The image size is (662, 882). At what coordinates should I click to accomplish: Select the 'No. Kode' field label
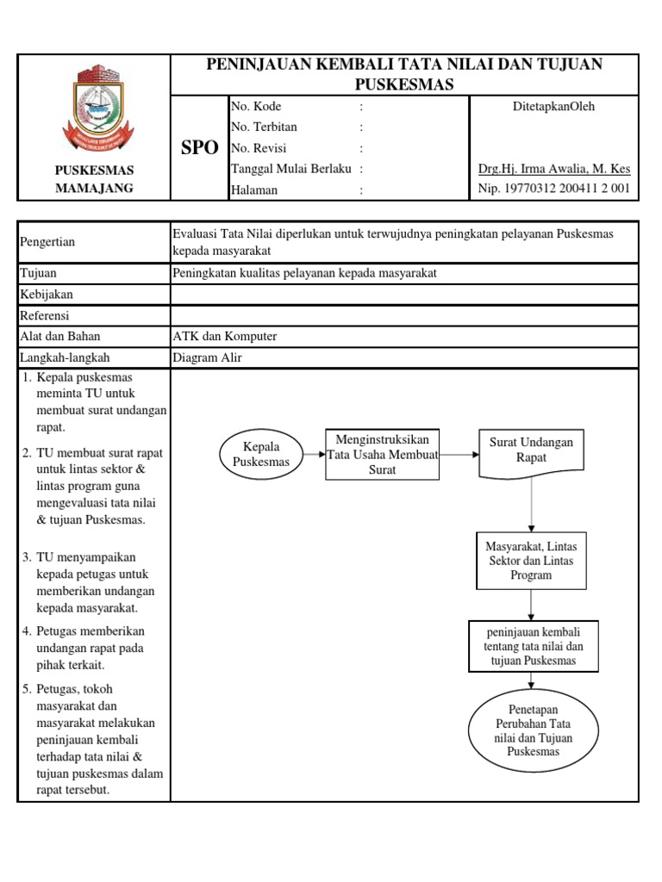[258, 107]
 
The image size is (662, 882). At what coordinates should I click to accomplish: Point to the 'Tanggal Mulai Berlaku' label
[291, 169]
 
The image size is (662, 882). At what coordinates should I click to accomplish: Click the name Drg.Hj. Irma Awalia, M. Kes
[553, 169]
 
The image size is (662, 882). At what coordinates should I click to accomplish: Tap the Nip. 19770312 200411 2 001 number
[553, 189]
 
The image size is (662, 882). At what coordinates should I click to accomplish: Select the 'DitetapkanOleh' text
[553, 107]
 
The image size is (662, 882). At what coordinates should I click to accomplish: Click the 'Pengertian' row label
[47, 242]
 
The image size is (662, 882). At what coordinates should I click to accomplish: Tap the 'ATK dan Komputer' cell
[225, 336]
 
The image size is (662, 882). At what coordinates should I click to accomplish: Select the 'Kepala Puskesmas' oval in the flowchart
[262, 455]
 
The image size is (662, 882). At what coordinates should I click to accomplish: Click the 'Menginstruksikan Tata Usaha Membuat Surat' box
[382, 454]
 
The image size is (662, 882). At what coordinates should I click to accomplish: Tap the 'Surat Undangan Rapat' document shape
[531, 451]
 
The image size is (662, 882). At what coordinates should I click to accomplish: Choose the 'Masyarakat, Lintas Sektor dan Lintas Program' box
[531, 561]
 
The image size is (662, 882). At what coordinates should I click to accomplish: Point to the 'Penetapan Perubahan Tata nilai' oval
[534, 732]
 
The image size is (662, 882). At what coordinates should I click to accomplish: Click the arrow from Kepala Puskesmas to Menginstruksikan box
[314, 455]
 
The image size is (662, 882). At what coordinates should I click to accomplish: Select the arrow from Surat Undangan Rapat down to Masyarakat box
[531, 506]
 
